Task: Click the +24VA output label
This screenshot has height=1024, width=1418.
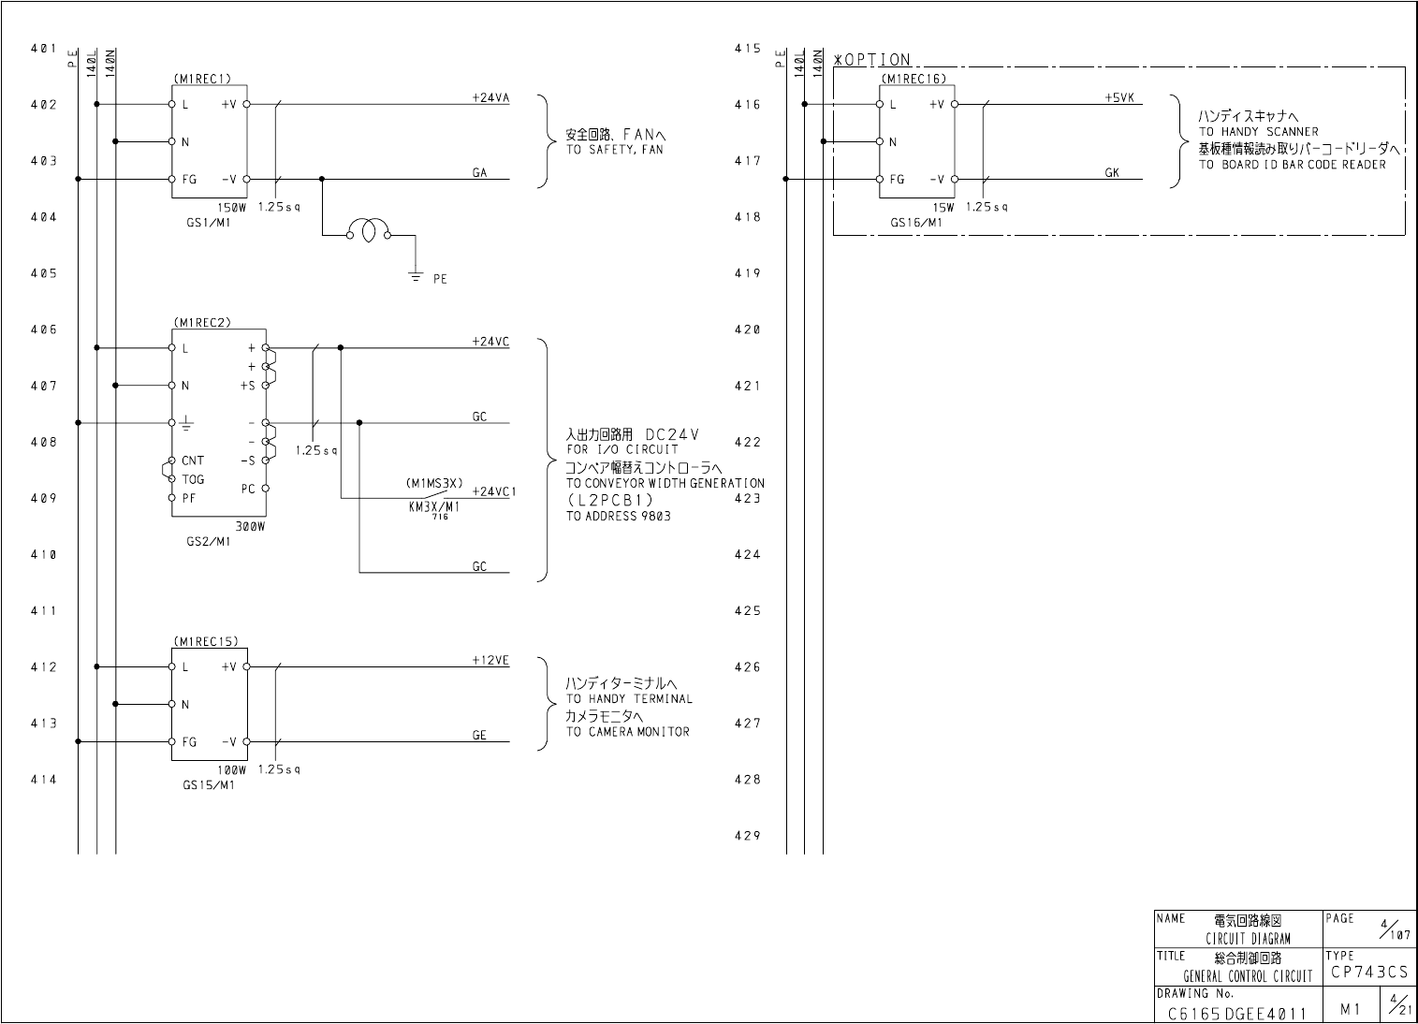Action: (490, 97)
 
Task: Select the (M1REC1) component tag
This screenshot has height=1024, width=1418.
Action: (202, 80)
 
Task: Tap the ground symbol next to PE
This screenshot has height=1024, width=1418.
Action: (416, 276)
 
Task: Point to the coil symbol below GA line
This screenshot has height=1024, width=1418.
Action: (368, 231)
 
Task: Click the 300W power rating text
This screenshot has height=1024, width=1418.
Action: (250, 527)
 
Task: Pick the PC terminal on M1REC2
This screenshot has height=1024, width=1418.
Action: (248, 489)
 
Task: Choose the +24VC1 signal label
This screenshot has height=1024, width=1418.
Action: (494, 491)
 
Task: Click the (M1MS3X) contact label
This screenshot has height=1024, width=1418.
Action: (434, 484)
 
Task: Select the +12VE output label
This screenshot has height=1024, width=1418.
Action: (490, 660)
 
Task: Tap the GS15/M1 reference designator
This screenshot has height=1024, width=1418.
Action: (209, 785)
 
